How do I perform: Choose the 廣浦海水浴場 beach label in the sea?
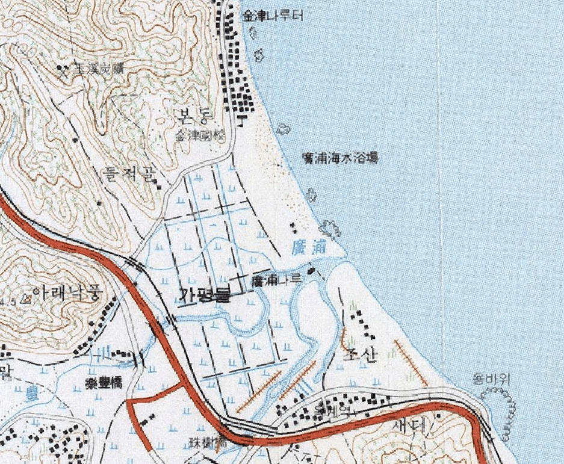coord(340,158)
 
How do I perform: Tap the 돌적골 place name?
coord(130,175)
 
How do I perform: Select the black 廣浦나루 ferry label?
coord(276,280)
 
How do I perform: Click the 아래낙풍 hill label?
coord(68,293)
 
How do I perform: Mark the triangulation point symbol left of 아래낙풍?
coord(26,299)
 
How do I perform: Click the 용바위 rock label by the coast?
coord(492,380)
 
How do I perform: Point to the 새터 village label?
coord(409,425)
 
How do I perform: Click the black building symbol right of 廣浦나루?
coord(311,270)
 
